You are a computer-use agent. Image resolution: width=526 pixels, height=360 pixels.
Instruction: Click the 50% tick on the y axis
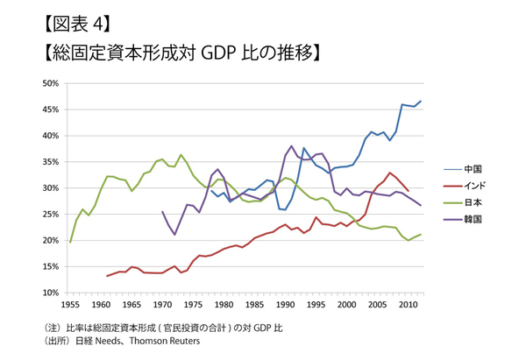[x=49, y=83]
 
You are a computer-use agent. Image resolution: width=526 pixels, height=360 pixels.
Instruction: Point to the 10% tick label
[x=49, y=293]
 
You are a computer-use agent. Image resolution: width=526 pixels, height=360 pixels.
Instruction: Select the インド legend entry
[x=474, y=185]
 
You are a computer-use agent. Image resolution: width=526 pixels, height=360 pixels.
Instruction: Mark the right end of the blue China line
[x=421, y=102]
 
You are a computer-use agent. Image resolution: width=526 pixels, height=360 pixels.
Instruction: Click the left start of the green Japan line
[x=70, y=242]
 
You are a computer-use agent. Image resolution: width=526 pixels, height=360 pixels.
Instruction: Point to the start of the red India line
[x=107, y=276]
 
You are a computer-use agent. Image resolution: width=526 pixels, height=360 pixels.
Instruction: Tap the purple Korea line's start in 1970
[x=162, y=211]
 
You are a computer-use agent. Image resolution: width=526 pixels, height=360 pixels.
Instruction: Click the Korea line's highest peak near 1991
[x=291, y=146]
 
